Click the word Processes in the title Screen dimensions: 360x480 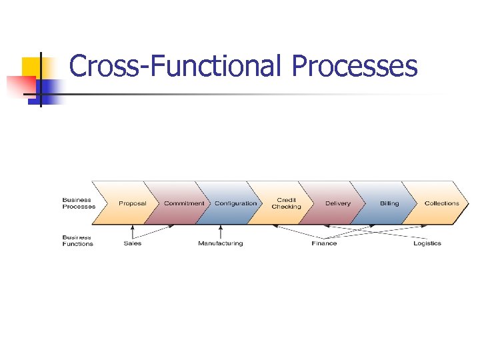pyautogui.click(x=355, y=67)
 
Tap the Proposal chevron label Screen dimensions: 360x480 pyautogui.click(x=132, y=203)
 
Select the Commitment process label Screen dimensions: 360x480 pyautogui.click(x=184, y=203)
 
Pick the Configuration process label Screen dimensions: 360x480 pyautogui.click(x=235, y=203)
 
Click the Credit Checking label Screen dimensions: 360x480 pyautogui.click(x=286, y=203)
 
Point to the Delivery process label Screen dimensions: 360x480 pyautogui.click(x=337, y=203)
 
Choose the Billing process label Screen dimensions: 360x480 pyautogui.click(x=389, y=203)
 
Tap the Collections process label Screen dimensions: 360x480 pyautogui.click(x=441, y=203)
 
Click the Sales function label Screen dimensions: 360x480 pyautogui.click(x=132, y=243)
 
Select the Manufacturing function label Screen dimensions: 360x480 pyautogui.click(x=220, y=243)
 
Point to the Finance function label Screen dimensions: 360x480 pyautogui.click(x=324, y=243)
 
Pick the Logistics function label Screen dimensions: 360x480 pyautogui.click(x=427, y=243)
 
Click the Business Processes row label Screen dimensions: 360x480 pyautogui.click(x=79, y=203)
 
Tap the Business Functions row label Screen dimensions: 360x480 pyautogui.click(x=78, y=241)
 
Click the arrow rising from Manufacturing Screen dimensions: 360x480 pyautogui.click(x=220, y=232)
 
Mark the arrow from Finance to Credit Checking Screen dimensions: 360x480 pyautogui.click(x=297, y=231)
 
